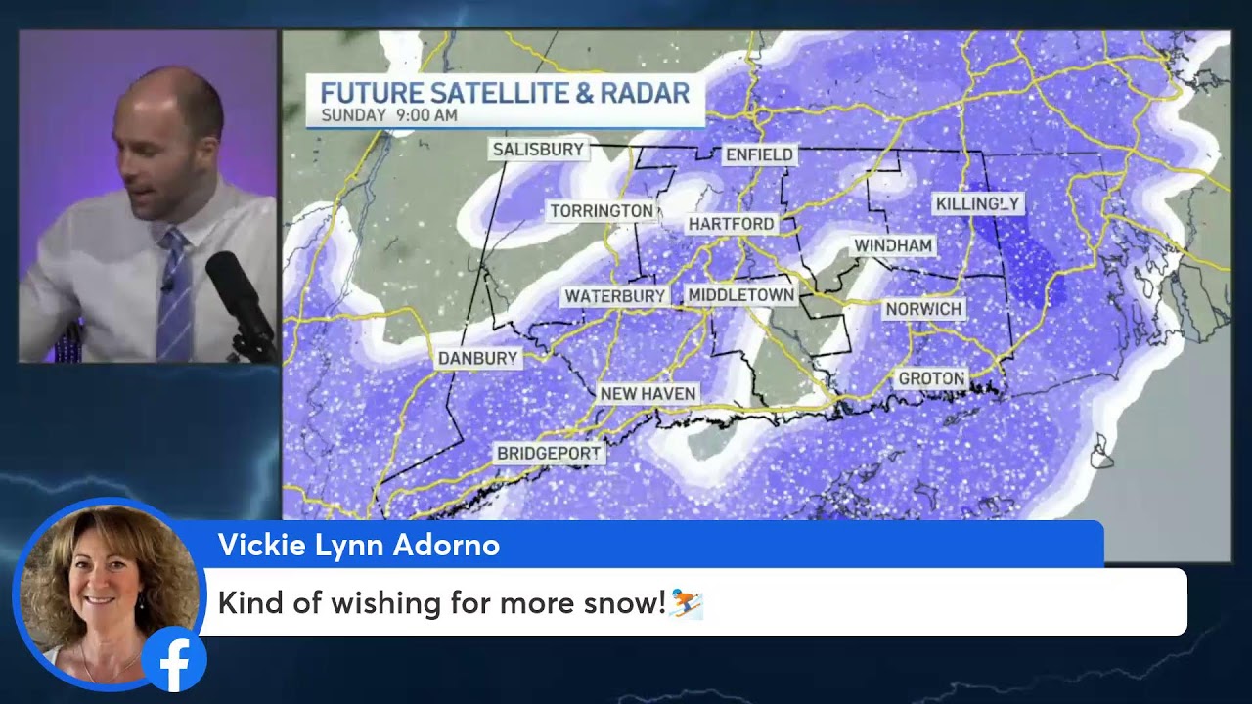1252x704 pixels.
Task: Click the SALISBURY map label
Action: coord(538,150)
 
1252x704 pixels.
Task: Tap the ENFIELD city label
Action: coord(759,155)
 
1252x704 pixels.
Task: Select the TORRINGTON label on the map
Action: coord(601,211)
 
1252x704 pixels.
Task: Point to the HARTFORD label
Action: coord(731,224)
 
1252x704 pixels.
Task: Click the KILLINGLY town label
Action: coord(977,203)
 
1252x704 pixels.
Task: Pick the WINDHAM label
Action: coord(894,245)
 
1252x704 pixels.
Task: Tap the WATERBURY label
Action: coord(615,296)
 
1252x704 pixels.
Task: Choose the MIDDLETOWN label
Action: coord(740,295)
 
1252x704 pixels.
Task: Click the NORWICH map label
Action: coord(923,309)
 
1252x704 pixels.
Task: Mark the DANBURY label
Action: coord(477,359)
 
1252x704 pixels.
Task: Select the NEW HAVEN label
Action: coord(648,394)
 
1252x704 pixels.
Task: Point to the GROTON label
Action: coord(931,378)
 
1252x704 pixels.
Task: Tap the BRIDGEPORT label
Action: coord(549,454)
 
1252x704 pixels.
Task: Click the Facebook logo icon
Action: coord(174,660)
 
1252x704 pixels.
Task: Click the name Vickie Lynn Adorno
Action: coord(358,546)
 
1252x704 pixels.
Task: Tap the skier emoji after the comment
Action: coord(687,603)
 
